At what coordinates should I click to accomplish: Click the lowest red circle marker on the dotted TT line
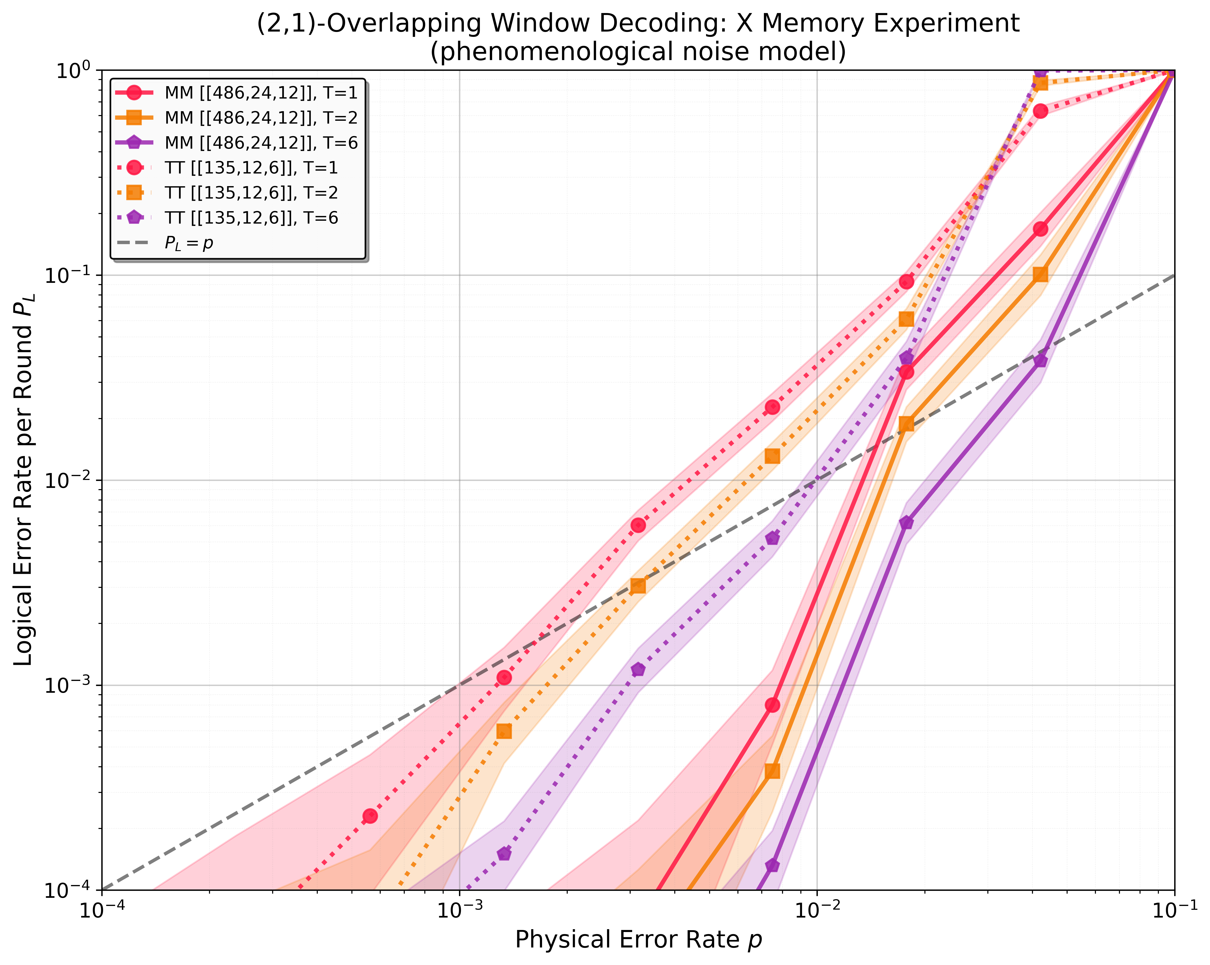[370, 816]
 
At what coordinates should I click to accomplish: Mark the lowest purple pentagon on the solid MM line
[772, 866]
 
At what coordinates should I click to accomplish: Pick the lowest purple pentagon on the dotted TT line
[504, 854]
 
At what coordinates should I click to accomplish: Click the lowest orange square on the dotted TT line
[504, 731]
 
